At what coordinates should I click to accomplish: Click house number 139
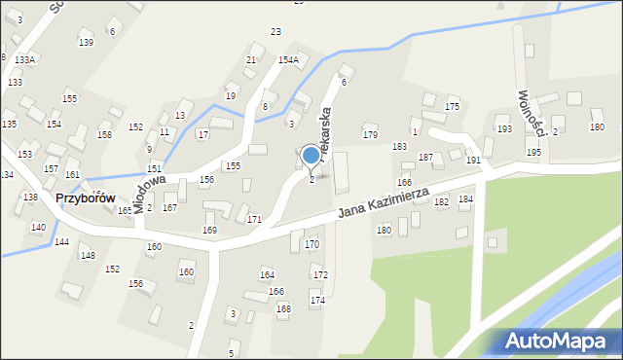coord(86,43)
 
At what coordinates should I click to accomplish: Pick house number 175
coord(452,106)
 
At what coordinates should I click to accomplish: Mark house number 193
coord(503,129)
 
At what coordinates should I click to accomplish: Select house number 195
coord(533,153)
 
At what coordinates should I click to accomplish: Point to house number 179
coord(370,135)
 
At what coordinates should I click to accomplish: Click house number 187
coord(425,157)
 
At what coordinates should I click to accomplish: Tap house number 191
coord(473,160)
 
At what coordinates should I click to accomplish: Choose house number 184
coord(465,199)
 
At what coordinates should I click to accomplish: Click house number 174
coord(317,301)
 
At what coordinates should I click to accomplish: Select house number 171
coord(254,220)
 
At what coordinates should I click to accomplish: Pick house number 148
coord(88,256)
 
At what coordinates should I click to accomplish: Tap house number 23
coord(275,33)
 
